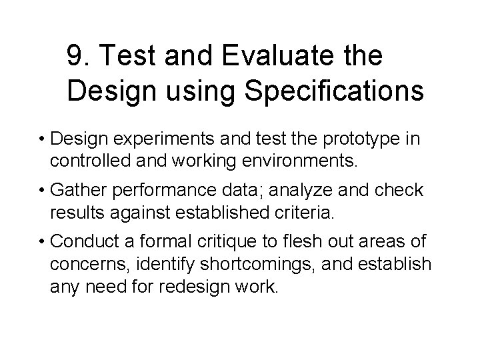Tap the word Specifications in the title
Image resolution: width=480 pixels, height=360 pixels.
(x=334, y=91)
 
